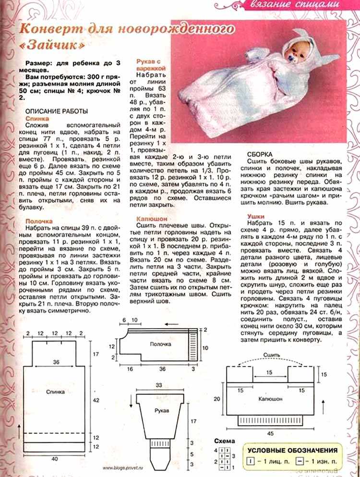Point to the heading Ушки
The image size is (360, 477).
(257, 217)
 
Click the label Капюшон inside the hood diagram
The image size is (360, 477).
(270, 399)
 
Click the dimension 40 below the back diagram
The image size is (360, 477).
(54, 459)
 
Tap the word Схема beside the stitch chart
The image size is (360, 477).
(225, 441)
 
